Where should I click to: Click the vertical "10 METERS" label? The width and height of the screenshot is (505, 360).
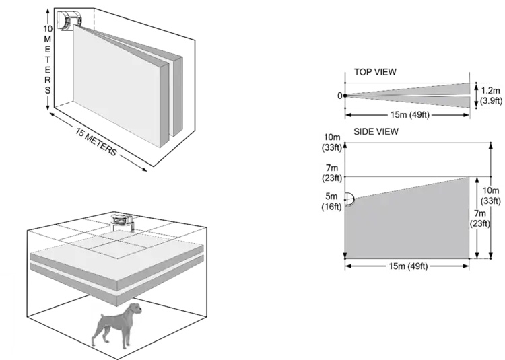pyautogui.click(x=48, y=59)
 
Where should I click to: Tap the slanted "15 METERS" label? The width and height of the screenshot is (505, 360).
pyautogui.click(x=94, y=141)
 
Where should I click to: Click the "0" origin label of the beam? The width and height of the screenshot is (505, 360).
pyautogui.click(x=340, y=96)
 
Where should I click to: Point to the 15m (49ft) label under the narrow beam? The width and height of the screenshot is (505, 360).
pyautogui.click(x=409, y=115)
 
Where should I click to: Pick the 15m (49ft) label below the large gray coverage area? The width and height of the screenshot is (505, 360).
pyautogui.click(x=409, y=266)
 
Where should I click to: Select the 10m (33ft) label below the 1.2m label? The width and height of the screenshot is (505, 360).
pyautogui.click(x=491, y=195)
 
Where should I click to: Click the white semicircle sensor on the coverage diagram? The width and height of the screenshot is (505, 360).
pyautogui.click(x=349, y=200)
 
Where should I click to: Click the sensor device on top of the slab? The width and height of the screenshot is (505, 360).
pyautogui.click(x=121, y=219)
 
